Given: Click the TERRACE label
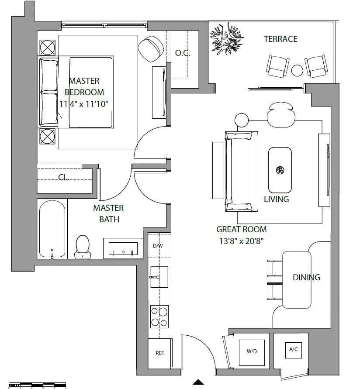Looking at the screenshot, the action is [280, 39].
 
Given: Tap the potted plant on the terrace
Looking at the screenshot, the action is [227, 38].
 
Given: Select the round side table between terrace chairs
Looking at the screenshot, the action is [297, 70].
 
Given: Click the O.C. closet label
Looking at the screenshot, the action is [183, 53].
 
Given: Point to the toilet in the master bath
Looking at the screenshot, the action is [83, 247].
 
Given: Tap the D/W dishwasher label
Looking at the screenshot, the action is [158, 246].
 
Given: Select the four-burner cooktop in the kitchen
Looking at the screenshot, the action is [159, 317].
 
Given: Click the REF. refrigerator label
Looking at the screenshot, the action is [160, 353].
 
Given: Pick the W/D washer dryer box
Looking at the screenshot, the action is [252, 353].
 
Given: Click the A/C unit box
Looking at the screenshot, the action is [294, 350].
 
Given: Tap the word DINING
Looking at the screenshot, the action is [306, 277].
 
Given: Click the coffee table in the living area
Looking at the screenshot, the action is [280, 170].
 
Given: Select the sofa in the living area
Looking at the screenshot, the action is [241, 172].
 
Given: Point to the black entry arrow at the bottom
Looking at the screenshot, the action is [198, 382].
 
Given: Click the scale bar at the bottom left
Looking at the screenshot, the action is [37, 385].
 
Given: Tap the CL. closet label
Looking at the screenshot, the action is [63, 177].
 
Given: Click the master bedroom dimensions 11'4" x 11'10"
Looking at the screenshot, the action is [84, 104].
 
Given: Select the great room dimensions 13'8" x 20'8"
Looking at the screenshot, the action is [241, 241].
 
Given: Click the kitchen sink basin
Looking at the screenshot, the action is [159, 277].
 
